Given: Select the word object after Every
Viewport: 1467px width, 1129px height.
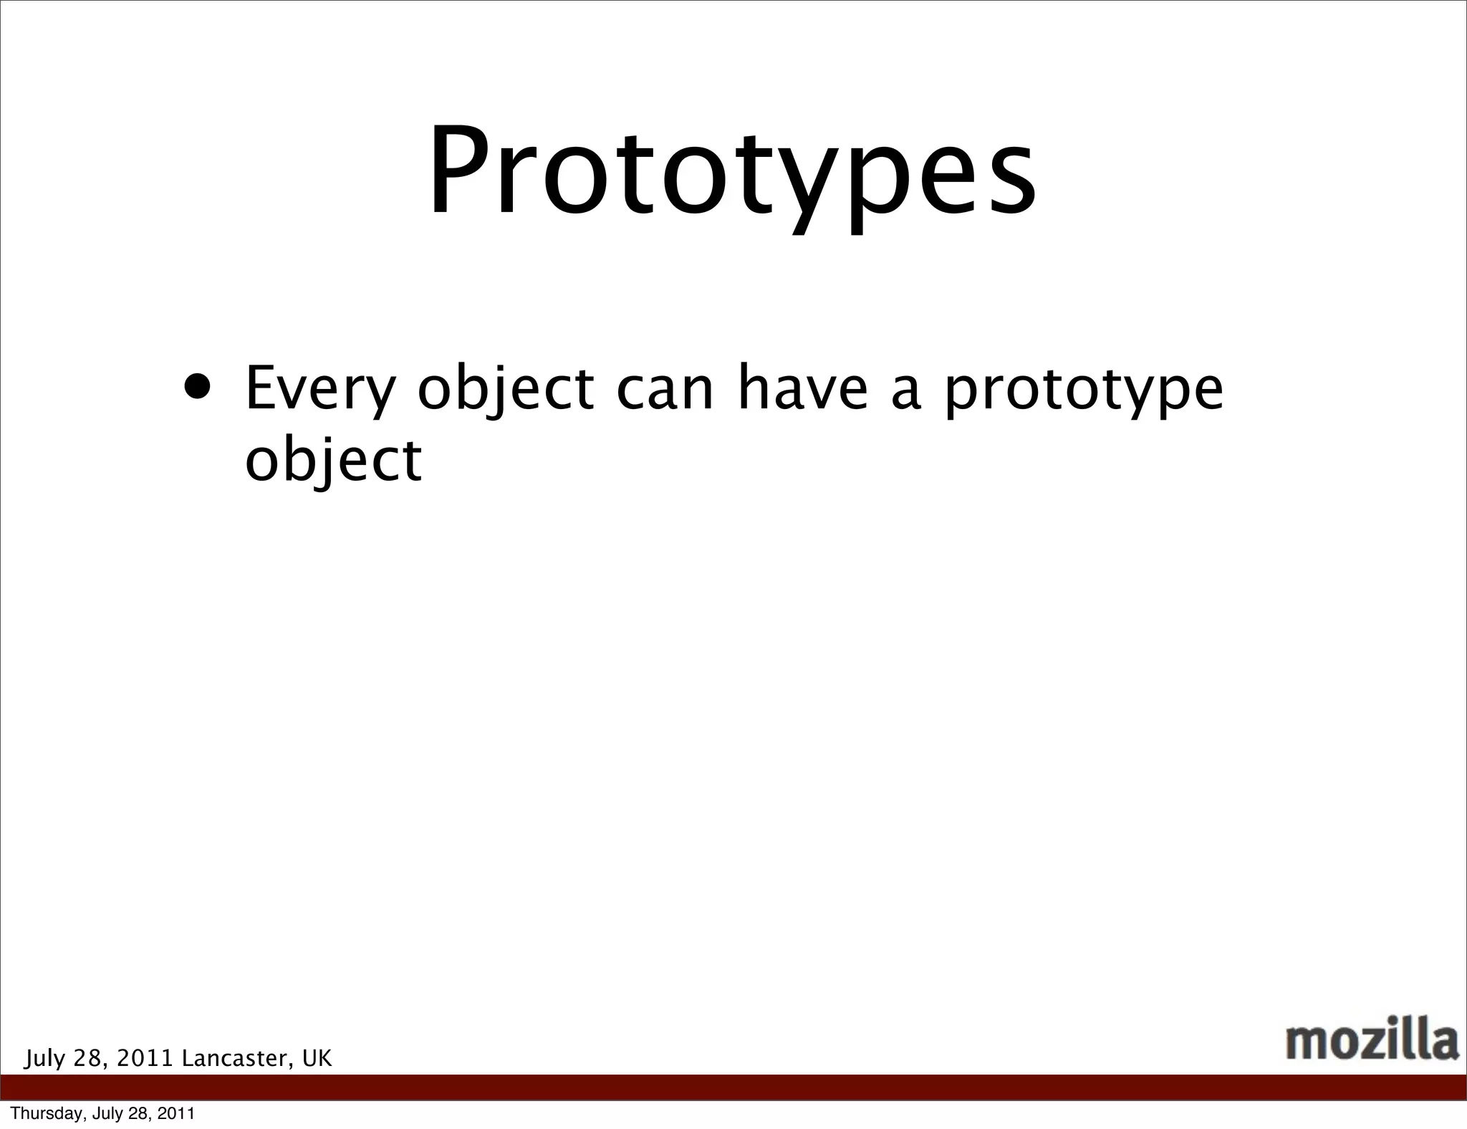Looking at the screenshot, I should coord(506,391).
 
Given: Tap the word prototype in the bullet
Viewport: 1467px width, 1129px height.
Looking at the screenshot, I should coord(1083,391).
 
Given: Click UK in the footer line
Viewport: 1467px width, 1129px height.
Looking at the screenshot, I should coord(317,1058).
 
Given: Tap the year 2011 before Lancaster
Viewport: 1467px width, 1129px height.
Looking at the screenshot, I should coord(145,1058).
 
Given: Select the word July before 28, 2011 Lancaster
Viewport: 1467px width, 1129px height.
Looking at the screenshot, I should coord(44,1059).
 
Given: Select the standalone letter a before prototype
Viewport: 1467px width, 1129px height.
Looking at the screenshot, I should coord(905,393).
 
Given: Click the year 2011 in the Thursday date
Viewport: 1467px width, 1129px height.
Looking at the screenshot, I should coord(176,1114).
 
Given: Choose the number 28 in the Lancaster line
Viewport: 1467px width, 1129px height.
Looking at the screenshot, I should coord(89,1058).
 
